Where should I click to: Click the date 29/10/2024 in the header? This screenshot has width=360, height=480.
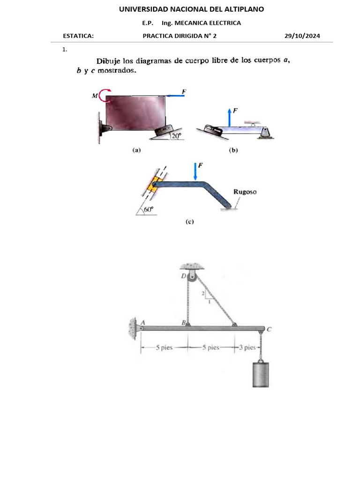302,36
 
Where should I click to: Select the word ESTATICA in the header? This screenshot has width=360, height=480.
78,36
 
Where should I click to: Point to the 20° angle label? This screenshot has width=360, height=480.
176,136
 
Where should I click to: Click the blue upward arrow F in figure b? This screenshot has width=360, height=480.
229,117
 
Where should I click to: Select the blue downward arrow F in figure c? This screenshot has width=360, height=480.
196,171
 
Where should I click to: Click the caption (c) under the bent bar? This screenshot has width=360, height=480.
189,222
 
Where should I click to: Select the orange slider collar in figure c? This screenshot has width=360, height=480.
153,186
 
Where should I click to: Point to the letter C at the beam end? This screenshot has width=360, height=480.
269,330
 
